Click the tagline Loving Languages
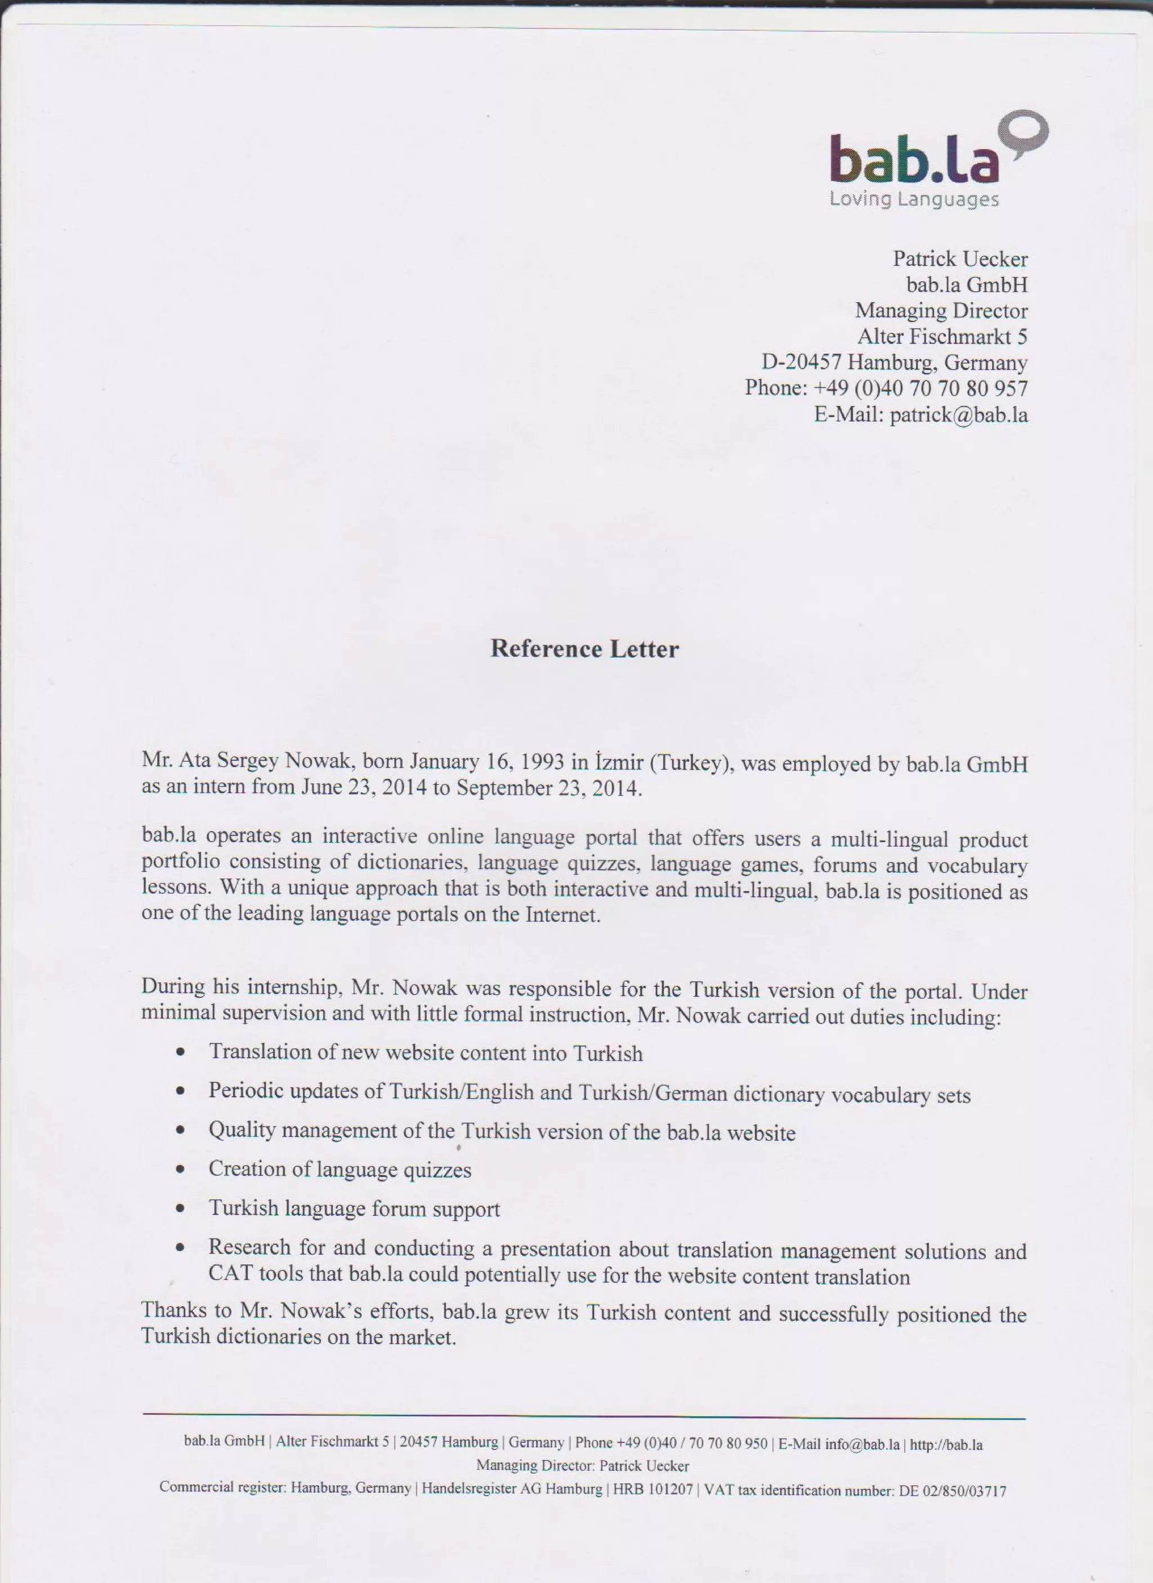[x=914, y=199]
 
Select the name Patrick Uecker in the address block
[x=960, y=259]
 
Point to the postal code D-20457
[x=801, y=362]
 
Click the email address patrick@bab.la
[x=958, y=414]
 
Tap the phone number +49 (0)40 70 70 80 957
[x=920, y=388]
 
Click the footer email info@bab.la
[x=862, y=1443]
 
